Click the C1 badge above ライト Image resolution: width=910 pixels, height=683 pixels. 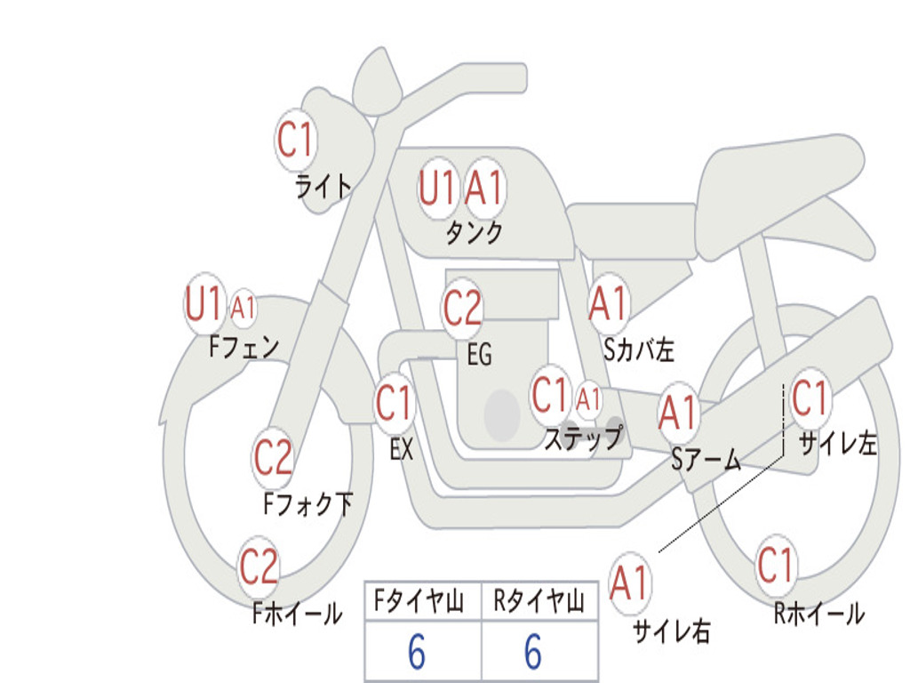pos(296,140)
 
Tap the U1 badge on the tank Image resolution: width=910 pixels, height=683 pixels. pos(437,188)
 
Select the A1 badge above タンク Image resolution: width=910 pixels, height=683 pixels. pos(485,188)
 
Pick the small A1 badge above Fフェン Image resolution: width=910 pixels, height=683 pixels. pos(243,308)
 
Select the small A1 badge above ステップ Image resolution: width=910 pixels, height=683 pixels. pos(588,398)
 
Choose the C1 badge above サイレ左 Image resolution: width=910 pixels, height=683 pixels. pos(810,398)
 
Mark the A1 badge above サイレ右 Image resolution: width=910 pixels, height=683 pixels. pos(630,583)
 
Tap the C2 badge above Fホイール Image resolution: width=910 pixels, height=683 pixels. pos(259,566)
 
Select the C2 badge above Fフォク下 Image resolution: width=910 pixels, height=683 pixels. pos(273,457)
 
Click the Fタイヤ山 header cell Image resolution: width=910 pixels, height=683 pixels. pos(422,603)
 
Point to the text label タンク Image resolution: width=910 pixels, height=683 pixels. pos(474,233)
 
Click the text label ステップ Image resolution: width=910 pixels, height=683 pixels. pos(583,438)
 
